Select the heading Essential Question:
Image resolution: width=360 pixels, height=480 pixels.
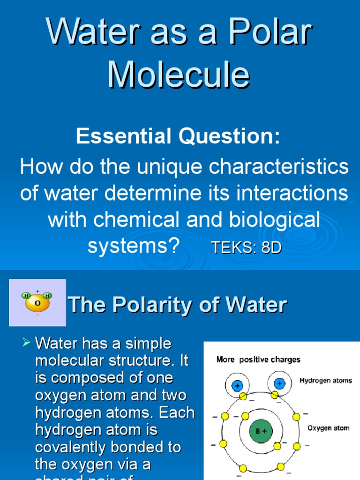(178, 136)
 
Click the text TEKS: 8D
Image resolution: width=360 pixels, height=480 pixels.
(246, 248)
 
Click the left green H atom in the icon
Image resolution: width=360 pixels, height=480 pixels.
(26, 296)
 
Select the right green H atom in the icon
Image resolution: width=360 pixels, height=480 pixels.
(47, 296)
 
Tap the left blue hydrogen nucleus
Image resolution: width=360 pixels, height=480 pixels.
(238, 385)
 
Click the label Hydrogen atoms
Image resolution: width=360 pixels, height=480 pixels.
(326, 381)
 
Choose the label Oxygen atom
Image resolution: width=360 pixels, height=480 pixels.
(328, 428)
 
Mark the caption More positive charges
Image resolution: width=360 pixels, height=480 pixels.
(258, 360)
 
